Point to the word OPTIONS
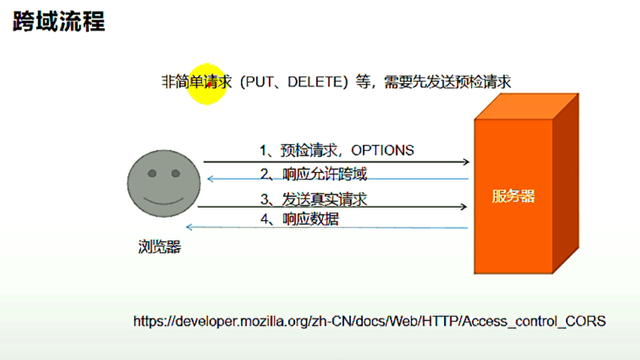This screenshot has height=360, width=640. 382,150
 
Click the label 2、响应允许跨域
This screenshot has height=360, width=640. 313,175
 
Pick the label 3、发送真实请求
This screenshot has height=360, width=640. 314,199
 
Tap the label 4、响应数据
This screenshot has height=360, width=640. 299,219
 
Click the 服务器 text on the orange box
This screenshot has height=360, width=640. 513,196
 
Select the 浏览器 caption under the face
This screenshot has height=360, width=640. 159,246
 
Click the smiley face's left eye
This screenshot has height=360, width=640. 152,174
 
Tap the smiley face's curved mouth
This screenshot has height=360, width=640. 164,200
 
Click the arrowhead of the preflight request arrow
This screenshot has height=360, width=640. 466,161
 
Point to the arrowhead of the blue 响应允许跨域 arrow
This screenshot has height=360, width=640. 210,179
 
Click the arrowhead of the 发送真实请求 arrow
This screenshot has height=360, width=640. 464,206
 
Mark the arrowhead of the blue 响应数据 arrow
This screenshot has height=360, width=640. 190,227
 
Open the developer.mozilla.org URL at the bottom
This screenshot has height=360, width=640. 368,321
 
